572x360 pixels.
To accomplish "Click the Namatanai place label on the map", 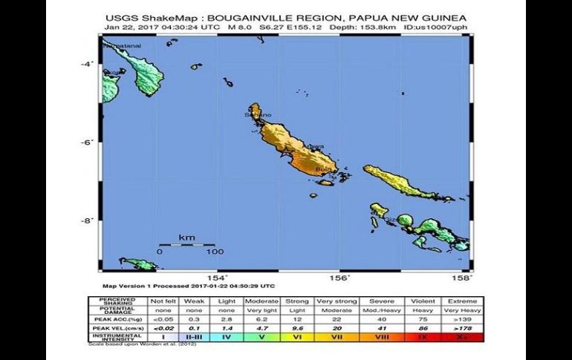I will click(x=123, y=46).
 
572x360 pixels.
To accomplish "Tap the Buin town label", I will click(x=323, y=169).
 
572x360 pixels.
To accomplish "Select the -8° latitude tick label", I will click(x=86, y=220).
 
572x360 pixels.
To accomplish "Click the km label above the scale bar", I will click(x=186, y=238).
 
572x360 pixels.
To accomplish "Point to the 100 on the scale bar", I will click(x=215, y=252).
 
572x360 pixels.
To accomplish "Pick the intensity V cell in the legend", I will click(x=264, y=337).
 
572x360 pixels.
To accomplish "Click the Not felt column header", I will click(x=163, y=301).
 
